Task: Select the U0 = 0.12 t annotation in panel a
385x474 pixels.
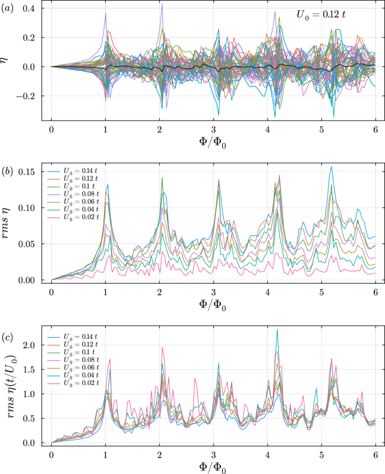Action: point(321,16)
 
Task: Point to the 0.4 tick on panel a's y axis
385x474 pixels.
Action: point(29,8)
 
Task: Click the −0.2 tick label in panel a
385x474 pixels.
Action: point(24,96)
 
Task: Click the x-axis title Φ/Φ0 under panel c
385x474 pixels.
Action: point(213,465)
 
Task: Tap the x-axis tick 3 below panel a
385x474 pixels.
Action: point(213,127)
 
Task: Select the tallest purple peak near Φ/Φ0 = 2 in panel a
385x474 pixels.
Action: point(162,4)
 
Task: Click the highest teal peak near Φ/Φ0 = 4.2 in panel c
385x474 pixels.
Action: point(277,329)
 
